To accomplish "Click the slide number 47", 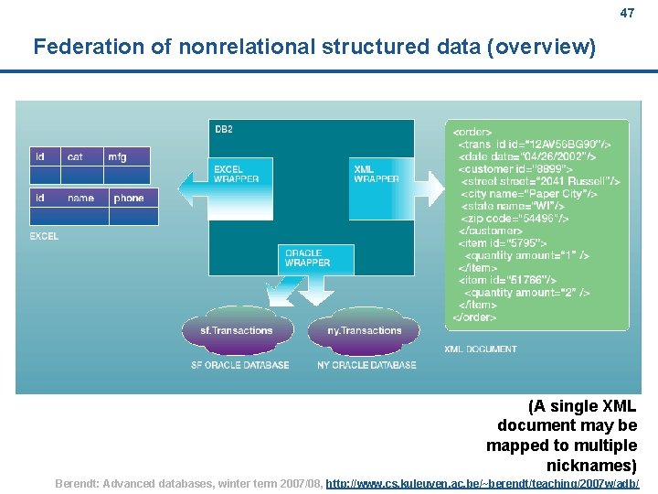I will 627,14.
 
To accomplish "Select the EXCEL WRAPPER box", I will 240,174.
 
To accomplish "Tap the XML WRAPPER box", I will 376,174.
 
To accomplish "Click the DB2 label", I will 224,130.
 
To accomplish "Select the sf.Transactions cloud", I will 236,330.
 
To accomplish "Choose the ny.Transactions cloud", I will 365,330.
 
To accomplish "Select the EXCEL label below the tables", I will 44,236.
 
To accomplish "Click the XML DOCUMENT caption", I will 480,349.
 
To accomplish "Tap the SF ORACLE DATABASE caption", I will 239,365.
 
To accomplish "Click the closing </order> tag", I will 475,317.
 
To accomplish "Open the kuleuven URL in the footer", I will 483,483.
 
